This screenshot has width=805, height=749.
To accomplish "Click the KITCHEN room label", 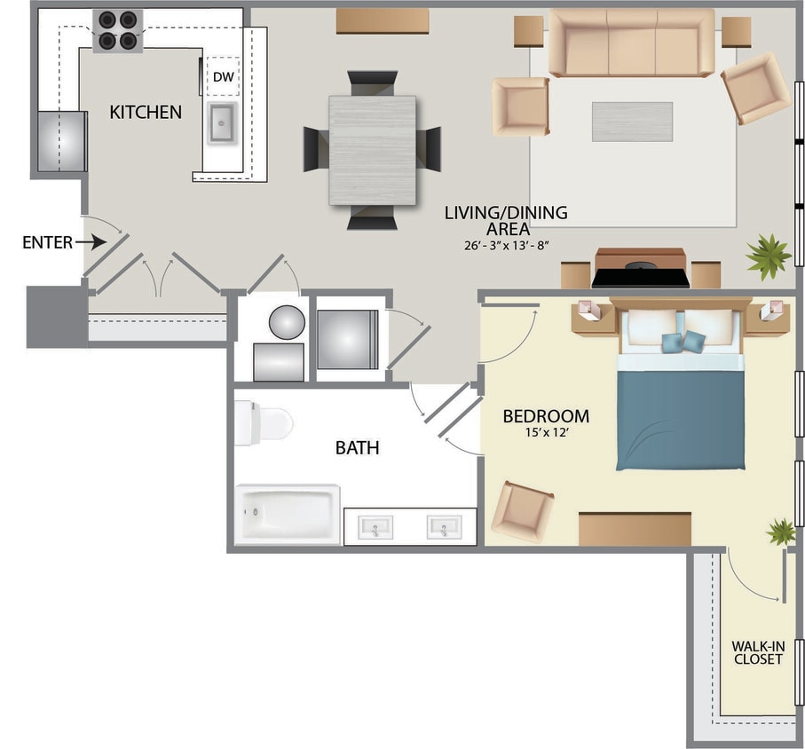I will tap(146, 112).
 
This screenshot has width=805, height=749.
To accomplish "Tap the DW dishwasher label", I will tap(224, 78).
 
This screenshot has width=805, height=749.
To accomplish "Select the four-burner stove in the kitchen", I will tap(117, 30).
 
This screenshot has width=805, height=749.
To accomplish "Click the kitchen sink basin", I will tap(223, 122).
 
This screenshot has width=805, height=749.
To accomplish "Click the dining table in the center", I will tap(372, 149).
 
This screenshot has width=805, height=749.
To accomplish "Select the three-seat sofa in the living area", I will tap(631, 43).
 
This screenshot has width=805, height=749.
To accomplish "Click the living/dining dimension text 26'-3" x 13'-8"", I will tap(506, 245).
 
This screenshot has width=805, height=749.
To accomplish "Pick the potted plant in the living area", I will tap(768, 256).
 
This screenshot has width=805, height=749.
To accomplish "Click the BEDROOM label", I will tap(546, 416).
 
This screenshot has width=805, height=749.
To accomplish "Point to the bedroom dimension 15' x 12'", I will tap(546, 433).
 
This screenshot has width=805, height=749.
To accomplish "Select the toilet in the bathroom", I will tap(263, 423).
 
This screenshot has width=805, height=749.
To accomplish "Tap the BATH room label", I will tap(357, 448).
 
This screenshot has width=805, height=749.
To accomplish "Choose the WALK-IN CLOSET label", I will tap(757, 652).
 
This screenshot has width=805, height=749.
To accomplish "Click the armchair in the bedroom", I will tap(523, 511).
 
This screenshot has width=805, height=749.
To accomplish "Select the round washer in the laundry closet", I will tap(287, 321).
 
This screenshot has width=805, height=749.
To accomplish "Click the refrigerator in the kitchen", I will tap(61, 140).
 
